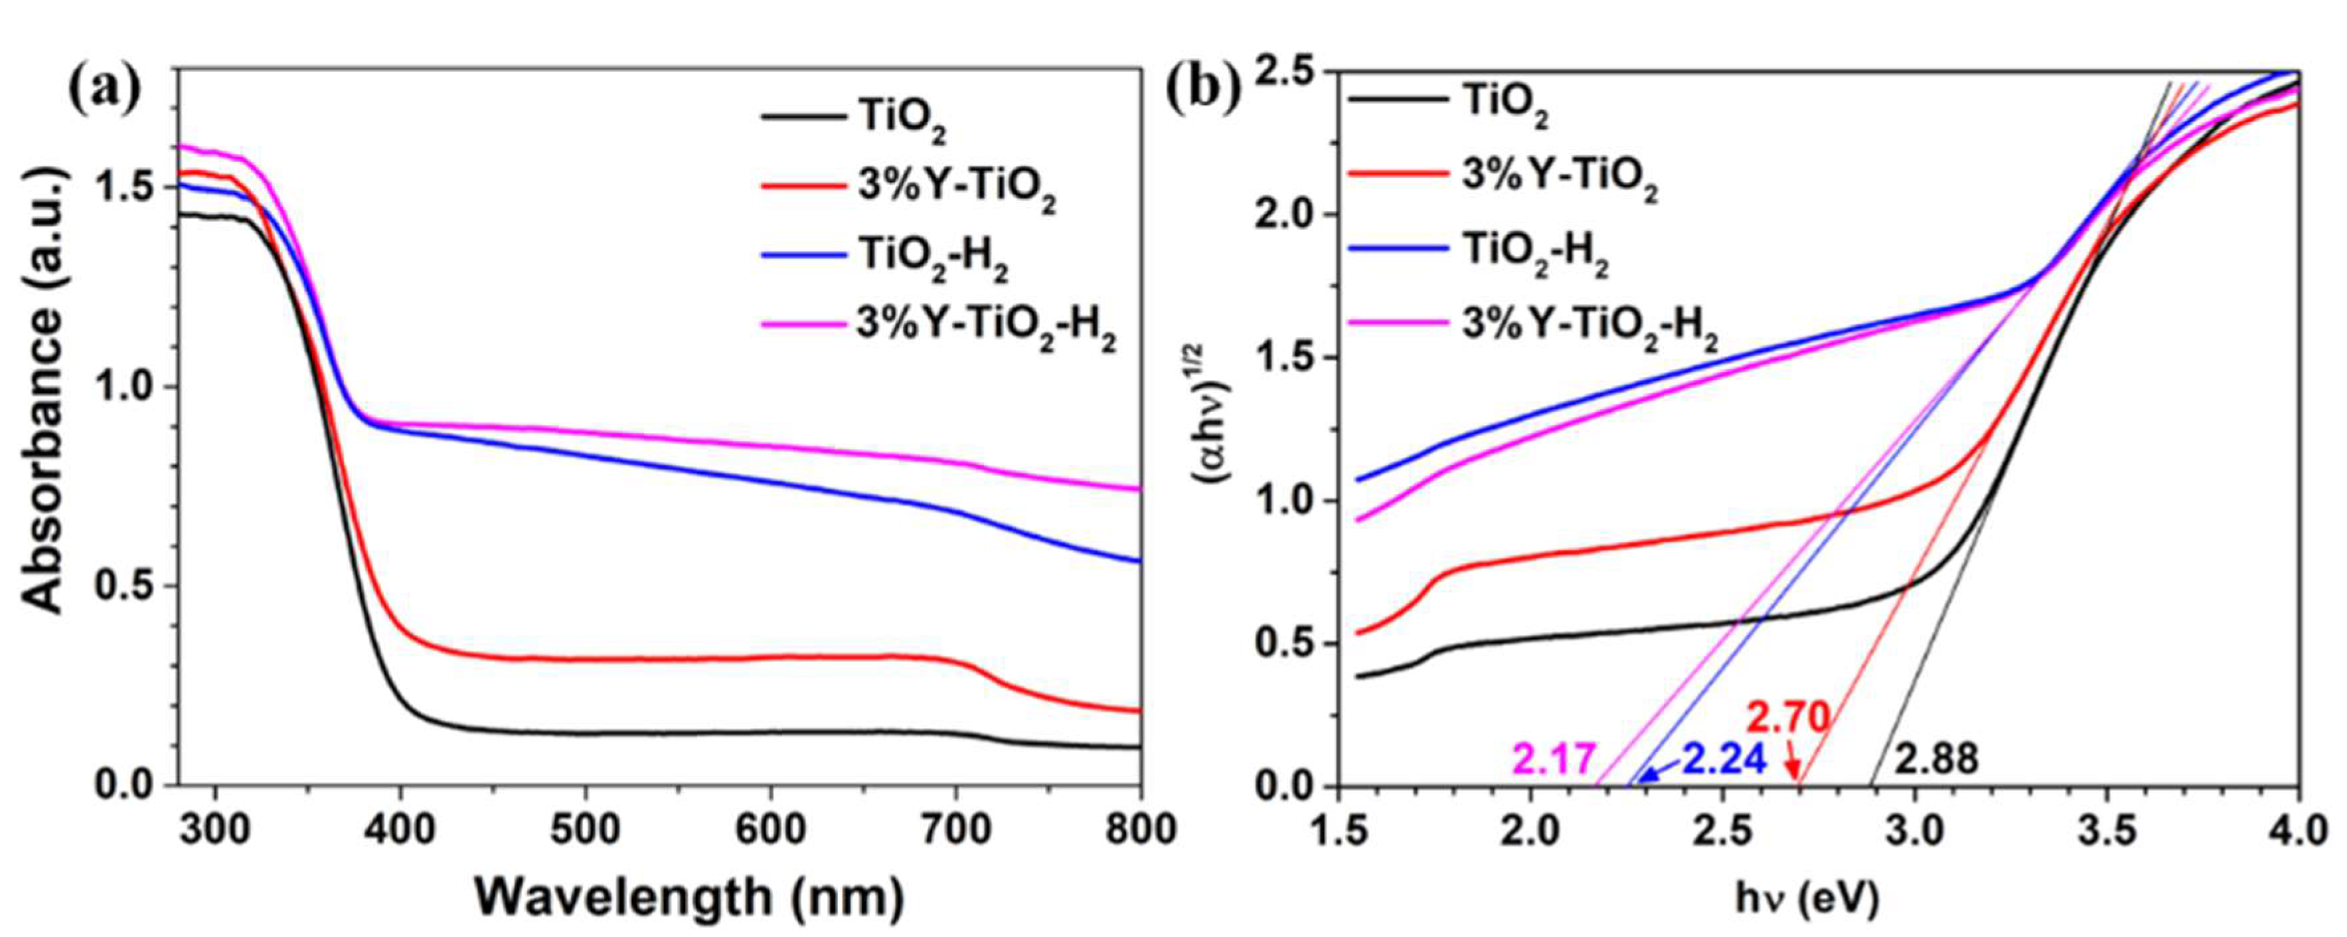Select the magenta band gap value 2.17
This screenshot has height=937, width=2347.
pyautogui.click(x=1554, y=759)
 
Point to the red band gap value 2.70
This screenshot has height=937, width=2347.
pyautogui.click(x=1787, y=719)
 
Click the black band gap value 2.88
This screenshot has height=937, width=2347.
pyautogui.click(x=1937, y=759)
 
